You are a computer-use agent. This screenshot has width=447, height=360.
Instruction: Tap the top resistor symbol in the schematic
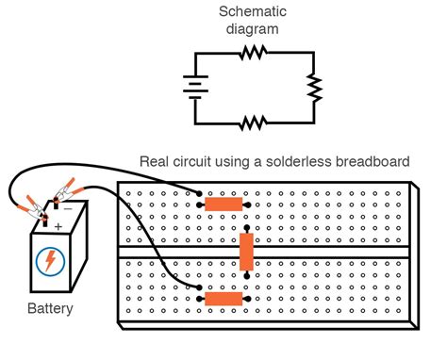[252, 55]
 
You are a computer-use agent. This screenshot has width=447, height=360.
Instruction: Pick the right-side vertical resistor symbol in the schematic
[314, 88]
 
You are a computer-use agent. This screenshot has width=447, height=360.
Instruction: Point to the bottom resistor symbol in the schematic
[252, 123]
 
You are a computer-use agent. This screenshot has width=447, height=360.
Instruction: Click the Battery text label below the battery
[49, 308]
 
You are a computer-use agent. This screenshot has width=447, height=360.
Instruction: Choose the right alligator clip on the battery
[67, 194]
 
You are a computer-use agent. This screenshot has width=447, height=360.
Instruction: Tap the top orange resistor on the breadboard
[223, 204]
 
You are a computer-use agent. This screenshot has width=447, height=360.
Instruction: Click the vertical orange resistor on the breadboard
[246, 252]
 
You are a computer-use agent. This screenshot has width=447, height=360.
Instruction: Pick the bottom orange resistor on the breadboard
[223, 299]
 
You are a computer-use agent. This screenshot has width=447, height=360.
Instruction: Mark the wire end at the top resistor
[200, 204]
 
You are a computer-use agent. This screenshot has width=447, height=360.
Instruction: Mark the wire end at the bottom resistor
[200, 288]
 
